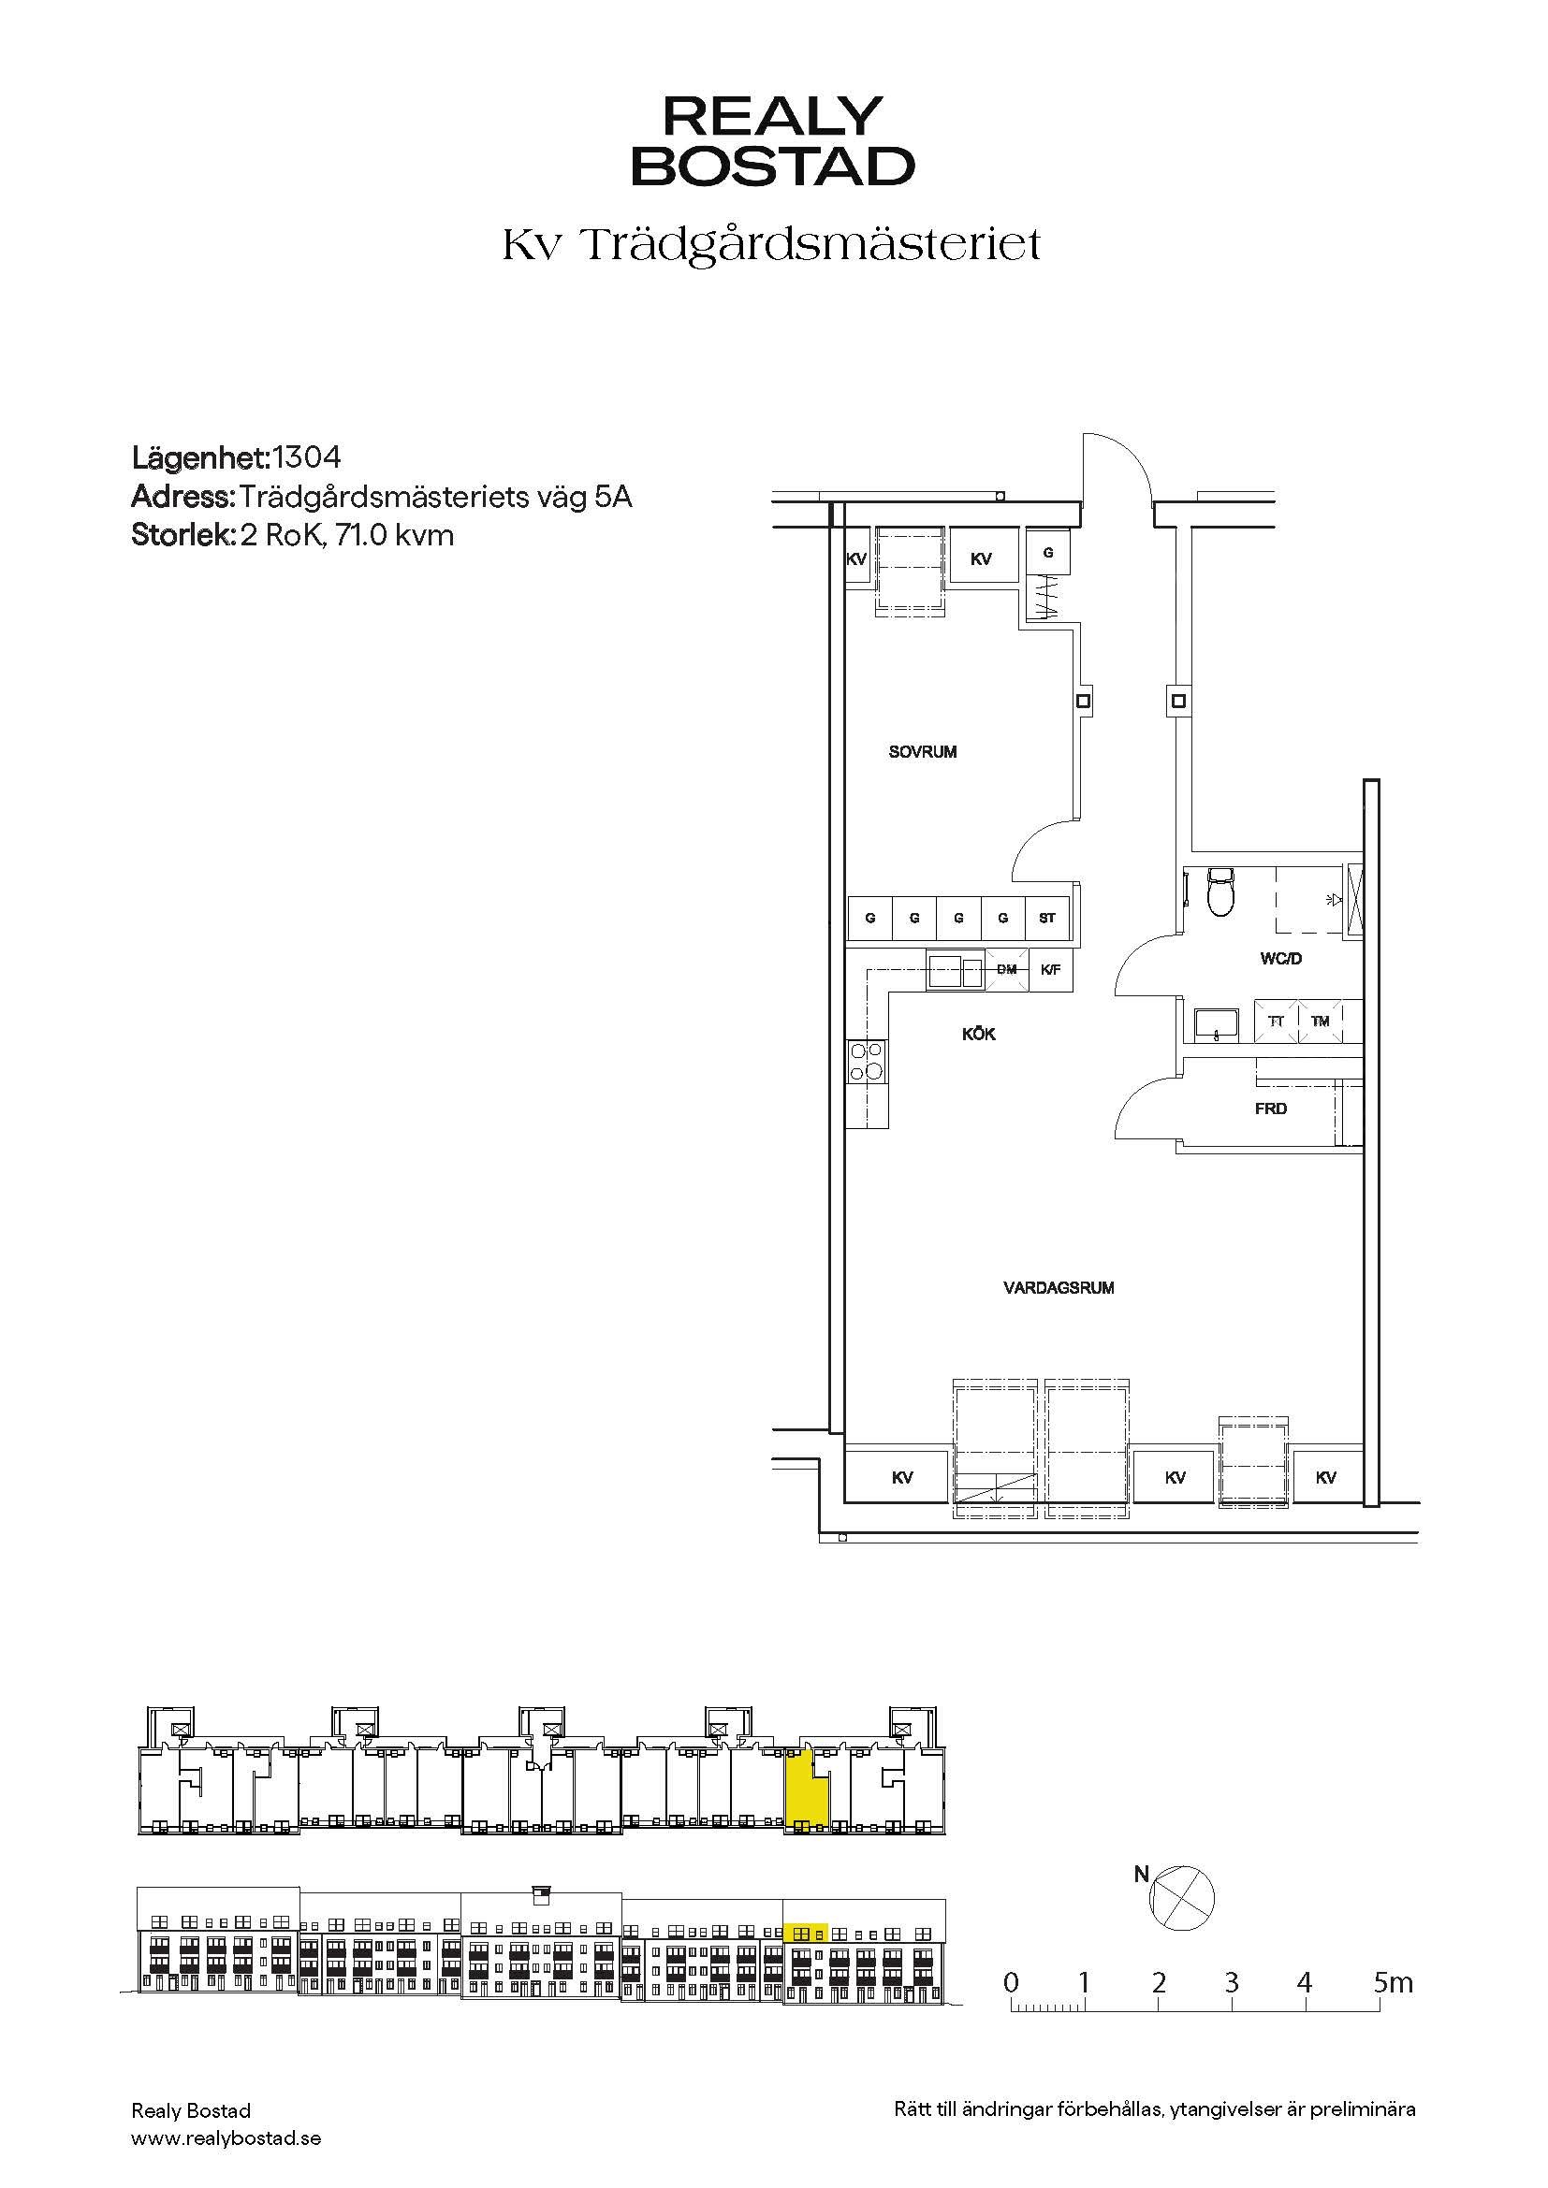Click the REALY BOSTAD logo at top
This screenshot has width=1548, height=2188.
pos(773,141)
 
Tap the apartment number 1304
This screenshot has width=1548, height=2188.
pos(307,458)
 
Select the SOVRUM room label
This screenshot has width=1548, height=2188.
pos(923,752)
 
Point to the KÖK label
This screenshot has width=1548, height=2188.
pos(979,1034)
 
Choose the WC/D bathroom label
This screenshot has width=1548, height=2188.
pos(1281,959)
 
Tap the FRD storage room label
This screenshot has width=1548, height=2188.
pos(1271,1109)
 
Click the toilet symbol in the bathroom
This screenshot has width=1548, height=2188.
pos(1220,892)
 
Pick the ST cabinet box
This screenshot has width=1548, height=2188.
pos(1047,919)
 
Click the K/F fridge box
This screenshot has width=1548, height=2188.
pos(1050,970)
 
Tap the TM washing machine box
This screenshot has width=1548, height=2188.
pos(1321,1022)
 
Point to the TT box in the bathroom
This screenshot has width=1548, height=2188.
pos(1277,1022)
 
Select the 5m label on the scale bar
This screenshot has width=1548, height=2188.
pos(1394,1983)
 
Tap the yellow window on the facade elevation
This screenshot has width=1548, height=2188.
pos(806,1934)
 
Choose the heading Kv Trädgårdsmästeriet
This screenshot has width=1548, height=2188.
pos(771,246)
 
